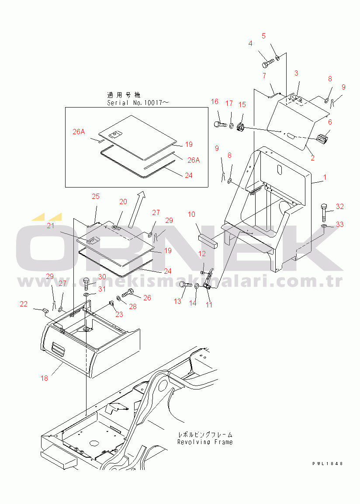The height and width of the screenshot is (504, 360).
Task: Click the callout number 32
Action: pyautogui.click(x=340, y=207)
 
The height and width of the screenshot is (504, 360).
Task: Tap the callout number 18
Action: pyautogui.click(x=44, y=378)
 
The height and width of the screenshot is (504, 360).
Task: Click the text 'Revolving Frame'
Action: pyautogui.click(x=204, y=442)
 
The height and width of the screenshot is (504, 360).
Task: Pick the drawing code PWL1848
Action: pyautogui.click(x=327, y=463)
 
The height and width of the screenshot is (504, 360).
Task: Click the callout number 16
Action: pyautogui.click(x=215, y=102)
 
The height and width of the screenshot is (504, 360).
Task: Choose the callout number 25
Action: pyautogui.click(x=96, y=196)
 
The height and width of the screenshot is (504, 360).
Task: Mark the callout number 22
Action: pyautogui.click(x=24, y=304)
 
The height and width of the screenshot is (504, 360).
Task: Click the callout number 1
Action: pyautogui.click(x=325, y=178)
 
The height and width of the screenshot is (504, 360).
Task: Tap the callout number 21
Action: pyautogui.click(x=51, y=226)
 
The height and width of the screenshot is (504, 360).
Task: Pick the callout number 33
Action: pyautogui.click(x=339, y=224)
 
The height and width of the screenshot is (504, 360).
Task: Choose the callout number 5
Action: pyautogui.click(x=263, y=36)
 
